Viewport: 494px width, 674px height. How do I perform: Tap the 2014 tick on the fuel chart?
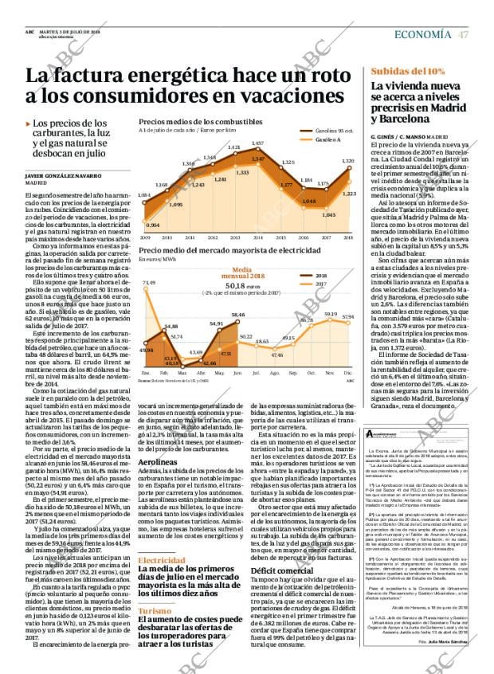click(257, 237)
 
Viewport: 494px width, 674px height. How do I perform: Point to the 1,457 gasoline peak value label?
click(257, 143)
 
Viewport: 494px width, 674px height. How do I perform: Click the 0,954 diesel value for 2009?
click(153, 225)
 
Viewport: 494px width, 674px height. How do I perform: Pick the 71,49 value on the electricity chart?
click(149, 282)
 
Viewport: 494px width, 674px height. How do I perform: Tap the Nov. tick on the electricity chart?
click(330, 372)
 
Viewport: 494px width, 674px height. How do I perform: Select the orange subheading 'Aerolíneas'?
click(159, 461)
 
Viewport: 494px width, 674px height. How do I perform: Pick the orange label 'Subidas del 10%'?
click(408, 72)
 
